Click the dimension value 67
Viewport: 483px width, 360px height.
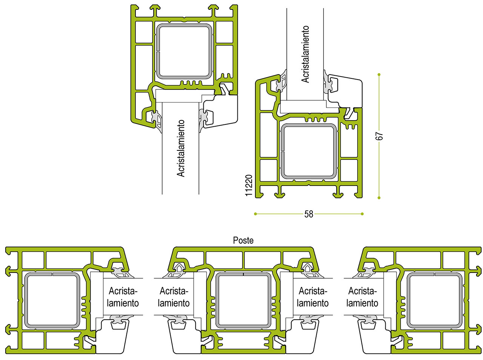(x=379, y=136)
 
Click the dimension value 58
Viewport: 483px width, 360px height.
(x=309, y=214)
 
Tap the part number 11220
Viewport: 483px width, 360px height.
(x=248, y=185)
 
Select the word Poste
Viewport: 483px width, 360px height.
(x=243, y=240)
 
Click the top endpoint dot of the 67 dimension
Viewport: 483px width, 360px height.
(x=379, y=75)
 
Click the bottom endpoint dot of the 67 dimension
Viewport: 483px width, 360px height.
(x=379, y=198)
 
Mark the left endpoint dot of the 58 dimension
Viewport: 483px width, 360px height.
(x=255, y=214)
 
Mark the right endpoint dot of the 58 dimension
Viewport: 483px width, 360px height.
(x=362, y=214)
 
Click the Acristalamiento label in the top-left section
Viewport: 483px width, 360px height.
(x=181, y=148)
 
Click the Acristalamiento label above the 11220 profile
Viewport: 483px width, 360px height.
(x=305, y=54)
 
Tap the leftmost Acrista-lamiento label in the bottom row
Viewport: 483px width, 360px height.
(x=123, y=297)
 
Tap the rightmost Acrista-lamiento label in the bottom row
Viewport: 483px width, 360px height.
(x=362, y=297)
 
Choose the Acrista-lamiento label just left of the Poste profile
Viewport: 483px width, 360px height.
(x=174, y=297)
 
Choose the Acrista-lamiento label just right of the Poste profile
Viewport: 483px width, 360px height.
(x=313, y=297)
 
